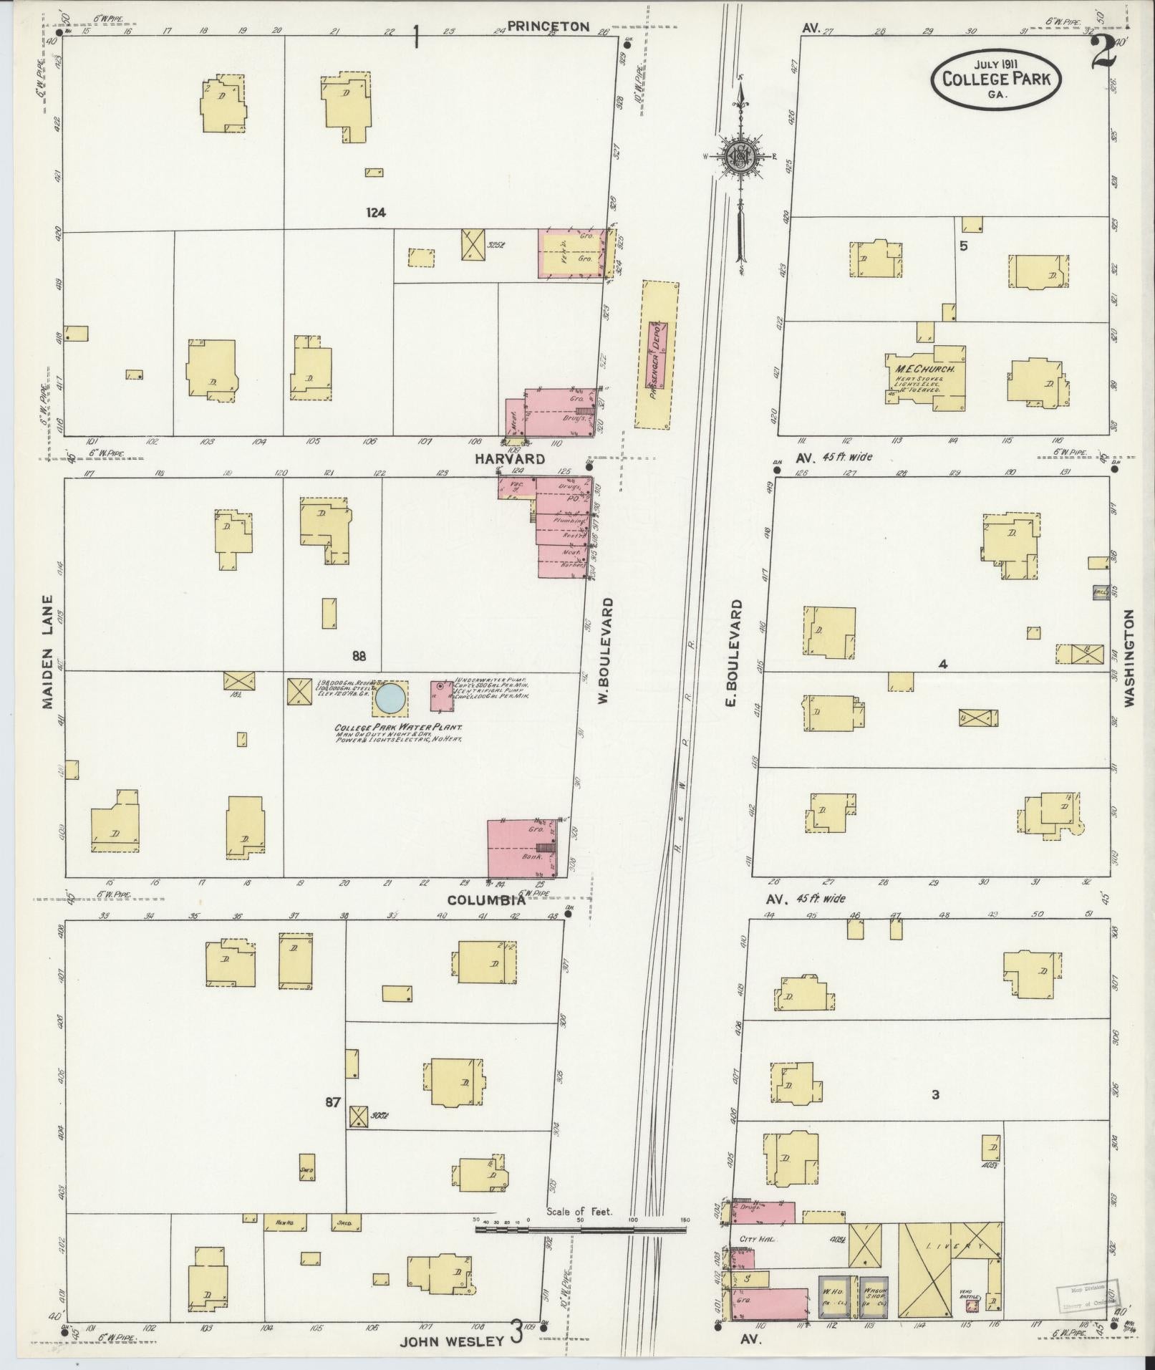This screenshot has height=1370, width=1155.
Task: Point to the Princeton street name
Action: pos(548,26)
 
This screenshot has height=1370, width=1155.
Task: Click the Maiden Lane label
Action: pos(47,652)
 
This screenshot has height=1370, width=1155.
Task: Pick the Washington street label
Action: pos(1129,658)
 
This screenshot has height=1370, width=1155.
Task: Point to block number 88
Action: pos(359,655)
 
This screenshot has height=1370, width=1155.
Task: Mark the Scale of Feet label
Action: pos(578,1212)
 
